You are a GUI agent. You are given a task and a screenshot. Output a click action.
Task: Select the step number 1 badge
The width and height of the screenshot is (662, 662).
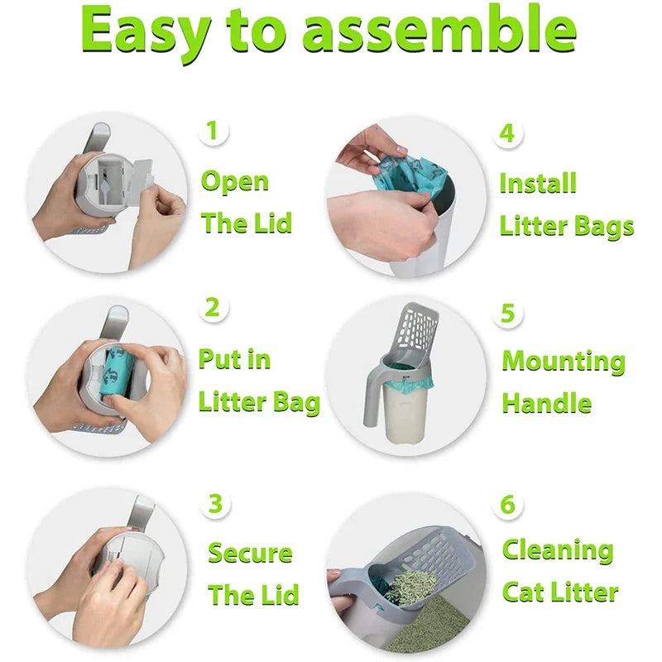pyautogui.click(x=213, y=130)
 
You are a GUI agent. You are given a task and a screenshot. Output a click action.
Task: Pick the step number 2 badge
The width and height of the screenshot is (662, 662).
pyautogui.click(x=213, y=308)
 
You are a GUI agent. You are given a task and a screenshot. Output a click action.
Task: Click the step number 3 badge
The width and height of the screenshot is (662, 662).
pyautogui.click(x=215, y=503)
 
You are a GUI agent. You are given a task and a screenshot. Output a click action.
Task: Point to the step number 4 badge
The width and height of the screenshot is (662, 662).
pyautogui.click(x=507, y=132)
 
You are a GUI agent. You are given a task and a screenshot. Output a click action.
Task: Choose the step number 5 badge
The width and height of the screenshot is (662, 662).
pyautogui.click(x=508, y=313)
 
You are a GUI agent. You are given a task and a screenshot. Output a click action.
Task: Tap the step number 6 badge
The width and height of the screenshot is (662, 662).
pyautogui.click(x=508, y=504)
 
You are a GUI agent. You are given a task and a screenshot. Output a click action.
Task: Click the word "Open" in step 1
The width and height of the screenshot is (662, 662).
pyautogui.click(x=235, y=182)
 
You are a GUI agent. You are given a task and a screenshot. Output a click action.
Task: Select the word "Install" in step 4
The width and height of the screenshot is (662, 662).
pyautogui.click(x=538, y=183)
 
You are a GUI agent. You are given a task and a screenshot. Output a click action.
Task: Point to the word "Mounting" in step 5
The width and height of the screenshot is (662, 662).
pyautogui.click(x=564, y=362)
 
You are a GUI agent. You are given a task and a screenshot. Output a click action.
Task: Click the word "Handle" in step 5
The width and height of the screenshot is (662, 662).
pyautogui.click(x=546, y=404)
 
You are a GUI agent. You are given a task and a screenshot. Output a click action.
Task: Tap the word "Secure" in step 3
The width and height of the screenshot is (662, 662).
pyautogui.click(x=250, y=553)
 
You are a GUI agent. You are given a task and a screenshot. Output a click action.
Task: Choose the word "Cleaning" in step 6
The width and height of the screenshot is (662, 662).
pyautogui.click(x=558, y=550)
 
